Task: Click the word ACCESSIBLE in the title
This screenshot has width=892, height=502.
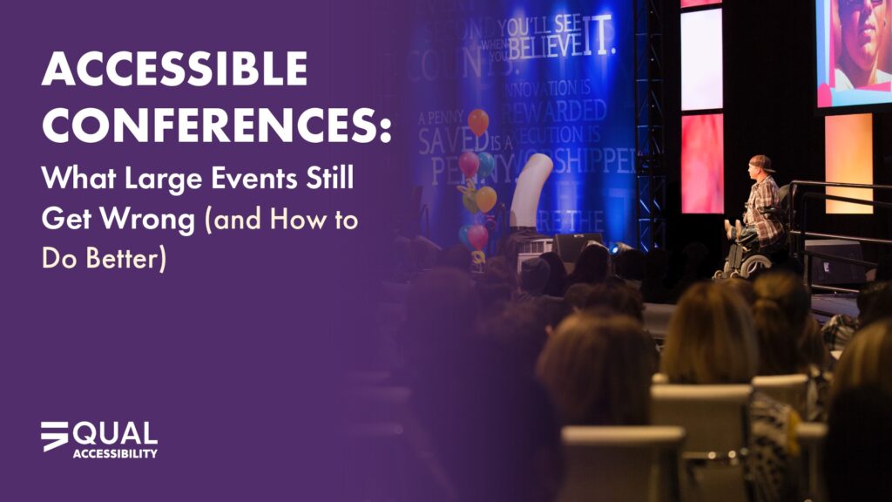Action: click(x=174, y=69)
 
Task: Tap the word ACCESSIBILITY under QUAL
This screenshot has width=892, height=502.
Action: click(x=115, y=454)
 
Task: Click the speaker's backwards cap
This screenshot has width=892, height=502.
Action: click(x=761, y=163)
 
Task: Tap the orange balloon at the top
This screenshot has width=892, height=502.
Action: click(x=478, y=120)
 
